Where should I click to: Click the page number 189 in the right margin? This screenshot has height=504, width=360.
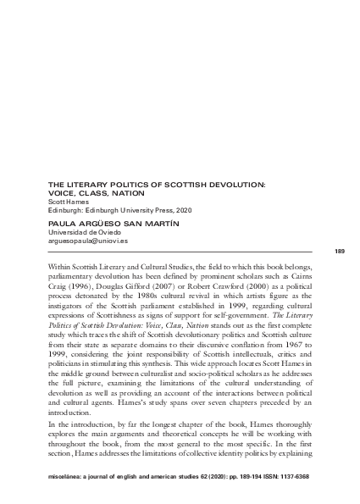340,252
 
